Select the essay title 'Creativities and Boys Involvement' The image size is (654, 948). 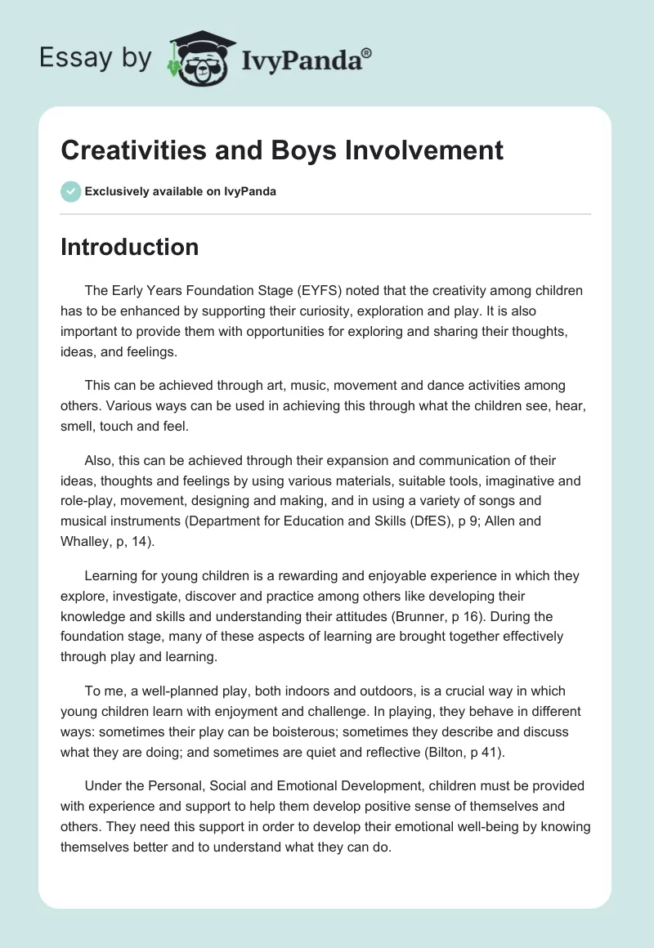282,150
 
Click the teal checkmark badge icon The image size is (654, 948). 70,191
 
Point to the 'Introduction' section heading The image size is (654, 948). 129,247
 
